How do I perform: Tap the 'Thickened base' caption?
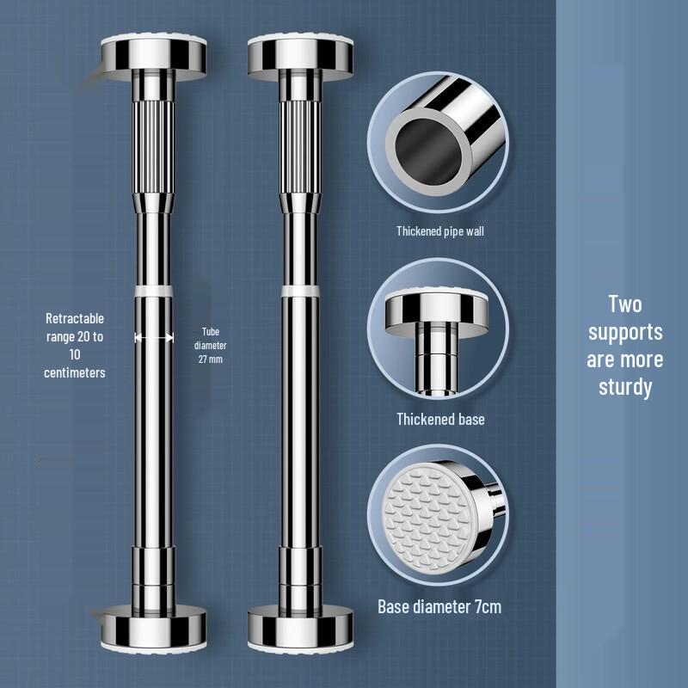pyautogui.click(x=440, y=420)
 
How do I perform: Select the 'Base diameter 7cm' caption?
pyautogui.click(x=439, y=607)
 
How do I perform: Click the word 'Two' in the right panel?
pyautogui.click(x=625, y=304)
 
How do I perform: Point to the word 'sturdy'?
pyautogui.click(x=625, y=387)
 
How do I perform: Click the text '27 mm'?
pyautogui.click(x=210, y=359)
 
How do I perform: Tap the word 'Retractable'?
pyautogui.click(x=75, y=319)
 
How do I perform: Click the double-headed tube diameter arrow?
pyautogui.click(x=153, y=338)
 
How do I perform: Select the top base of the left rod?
pyautogui.click(x=153, y=55)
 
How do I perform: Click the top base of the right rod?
pyautogui.click(x=300, y=55)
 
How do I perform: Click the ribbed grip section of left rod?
pyautogui.click(x=153, y=138)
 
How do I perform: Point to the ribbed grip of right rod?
pyautogui.click(x=300, y=138)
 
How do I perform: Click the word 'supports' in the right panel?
pyautogui.click(x=625, y=332)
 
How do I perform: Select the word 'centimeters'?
pyautogui.click(x=75, y=372)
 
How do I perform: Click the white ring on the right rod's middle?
pyautogui.click(x=300, y=293)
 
